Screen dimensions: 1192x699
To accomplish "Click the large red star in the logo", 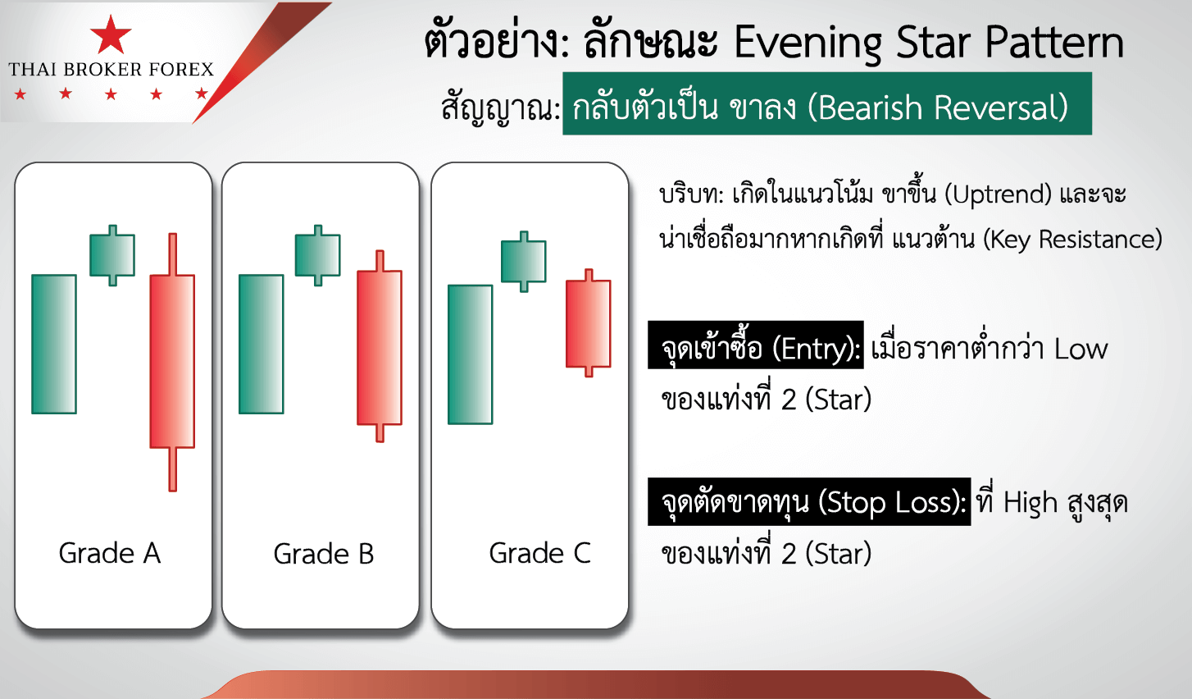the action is pos(111,35).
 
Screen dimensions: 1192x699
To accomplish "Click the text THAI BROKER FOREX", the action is pos(111,70).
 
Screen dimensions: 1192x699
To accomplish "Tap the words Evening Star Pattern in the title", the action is pos(929,43).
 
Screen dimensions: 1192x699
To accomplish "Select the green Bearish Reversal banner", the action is pos(827,104).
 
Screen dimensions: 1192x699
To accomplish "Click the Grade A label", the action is pos(110,553).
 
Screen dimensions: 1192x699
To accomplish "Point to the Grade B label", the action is pos(324,554).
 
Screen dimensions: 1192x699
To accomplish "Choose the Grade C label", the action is pos(539,553).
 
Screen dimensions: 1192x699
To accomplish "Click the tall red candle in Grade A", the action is pos(172,362).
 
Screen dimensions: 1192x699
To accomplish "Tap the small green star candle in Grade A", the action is pos(112,255).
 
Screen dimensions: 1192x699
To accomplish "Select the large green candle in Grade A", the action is pos(54,344).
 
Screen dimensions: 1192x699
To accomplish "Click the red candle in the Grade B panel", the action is pos(380,346).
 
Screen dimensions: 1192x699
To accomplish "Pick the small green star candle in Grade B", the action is pos(318,255).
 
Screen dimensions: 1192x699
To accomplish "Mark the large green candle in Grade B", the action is pos(262,344).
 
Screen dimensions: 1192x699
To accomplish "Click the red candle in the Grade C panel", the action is pos(589,323).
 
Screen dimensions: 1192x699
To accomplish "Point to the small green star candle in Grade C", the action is pos(524,262).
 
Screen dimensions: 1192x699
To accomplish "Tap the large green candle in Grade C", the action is pos(471,354).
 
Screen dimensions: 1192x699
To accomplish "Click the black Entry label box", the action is pos(756,345).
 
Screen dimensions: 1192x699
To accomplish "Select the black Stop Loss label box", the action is pos(809,502).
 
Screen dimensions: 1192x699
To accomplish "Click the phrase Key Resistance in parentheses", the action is pos(1072,240).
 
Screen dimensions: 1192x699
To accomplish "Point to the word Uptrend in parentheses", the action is pos(998,194).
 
